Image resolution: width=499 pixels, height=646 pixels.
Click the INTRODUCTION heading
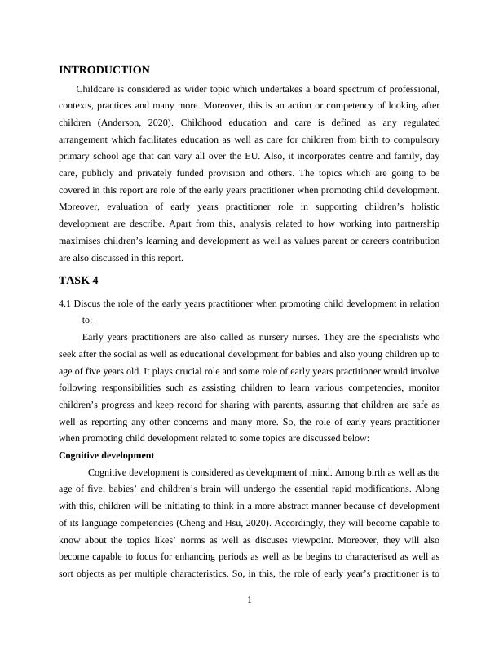coord(104,70)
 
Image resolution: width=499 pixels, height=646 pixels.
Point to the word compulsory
coord(412,139)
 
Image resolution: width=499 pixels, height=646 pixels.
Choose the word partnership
coord(412,225)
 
